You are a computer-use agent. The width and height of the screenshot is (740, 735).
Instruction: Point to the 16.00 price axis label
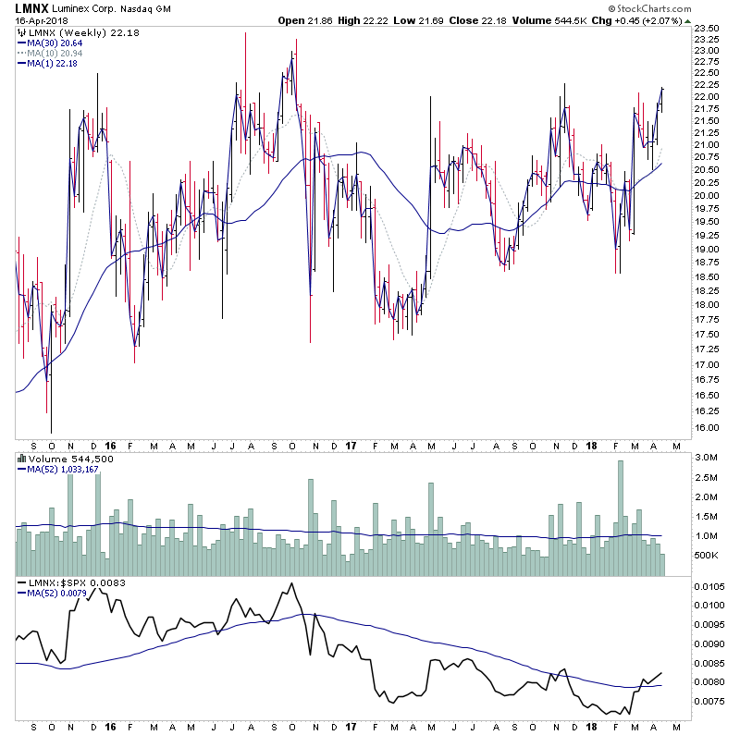(x=709, y=427)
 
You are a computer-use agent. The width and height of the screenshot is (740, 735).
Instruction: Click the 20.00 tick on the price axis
(x=709, y=196)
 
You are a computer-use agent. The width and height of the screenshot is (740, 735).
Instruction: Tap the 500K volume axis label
(x=708, y=555)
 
